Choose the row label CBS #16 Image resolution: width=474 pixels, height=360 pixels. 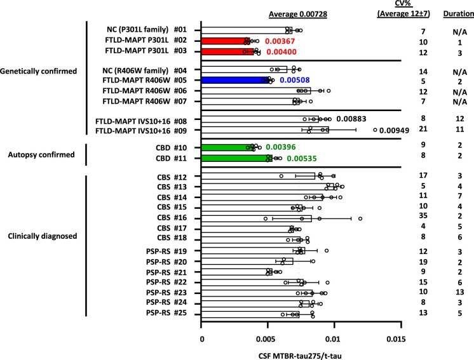pyautogui.click(x=171, y=217)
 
